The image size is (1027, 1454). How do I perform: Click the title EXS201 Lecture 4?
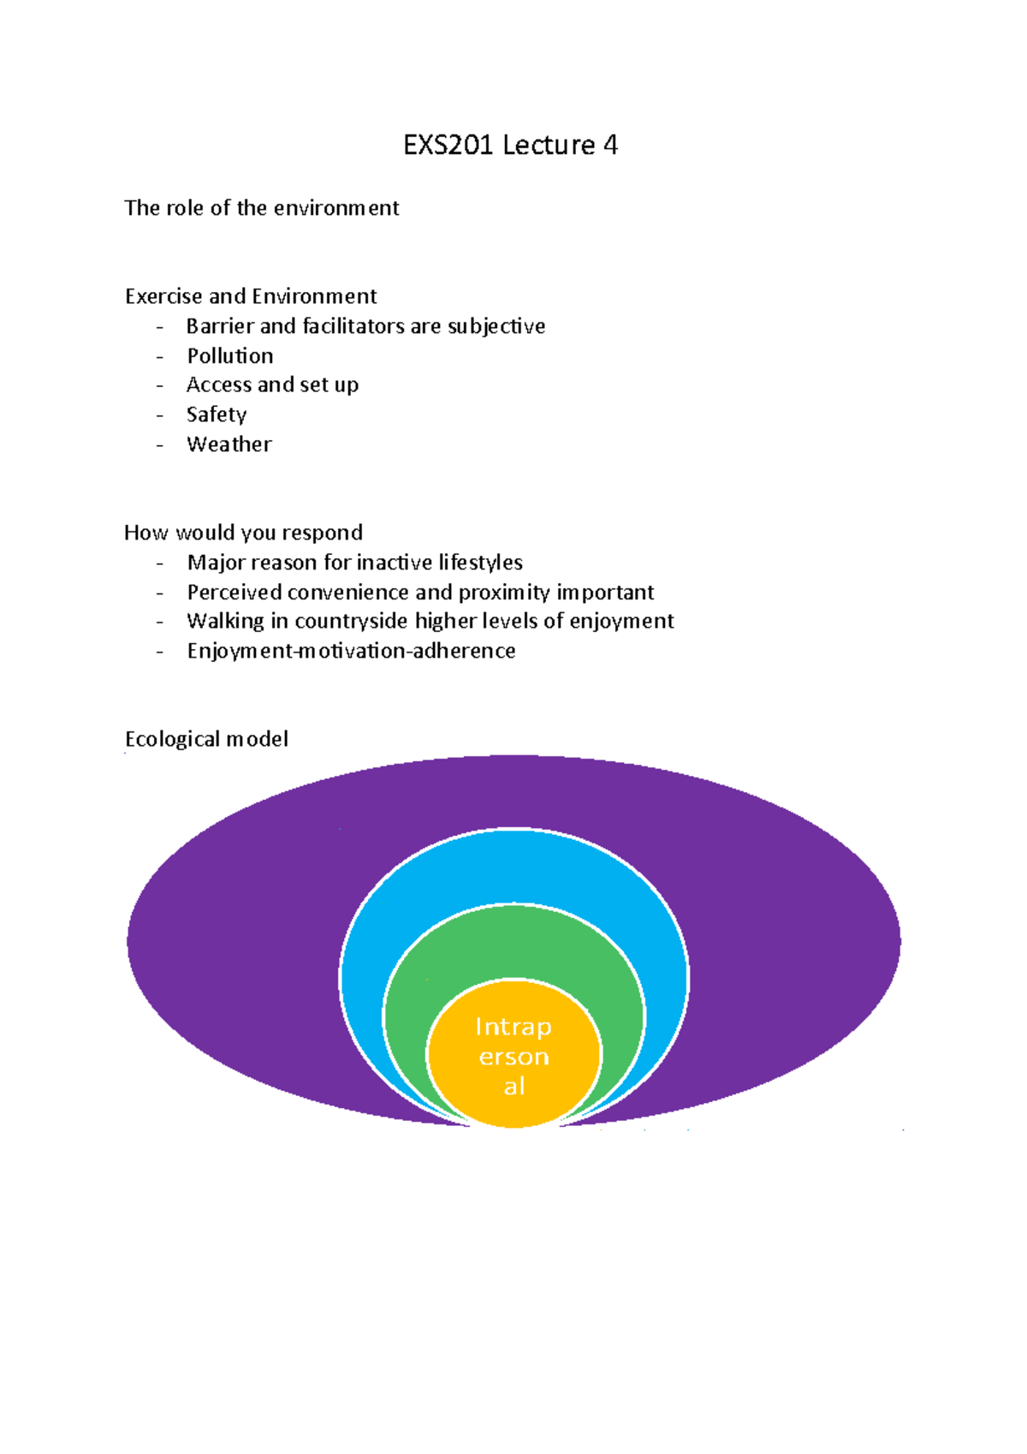click(510, 145)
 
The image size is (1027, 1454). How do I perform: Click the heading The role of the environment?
click(261, 208)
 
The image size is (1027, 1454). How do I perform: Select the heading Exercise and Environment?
click(251, 296)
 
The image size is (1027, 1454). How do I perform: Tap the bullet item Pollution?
click(230, 355)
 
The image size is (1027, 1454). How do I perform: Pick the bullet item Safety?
click(217, 414)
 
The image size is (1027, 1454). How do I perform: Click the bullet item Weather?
click(229, 444)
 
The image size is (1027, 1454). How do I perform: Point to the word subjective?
click(496, 326)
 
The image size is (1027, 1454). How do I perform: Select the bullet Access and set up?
click(272, 384)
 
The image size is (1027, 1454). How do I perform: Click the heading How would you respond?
click(243, 533)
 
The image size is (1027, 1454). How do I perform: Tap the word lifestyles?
click(480, 562)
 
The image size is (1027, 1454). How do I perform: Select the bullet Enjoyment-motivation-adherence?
click(351, 651)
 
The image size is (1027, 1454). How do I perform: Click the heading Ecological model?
click(206, 739)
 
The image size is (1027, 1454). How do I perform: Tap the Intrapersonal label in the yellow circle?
click(513, 1056)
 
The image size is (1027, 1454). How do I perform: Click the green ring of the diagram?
click(513, 942)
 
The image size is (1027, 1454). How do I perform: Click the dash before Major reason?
click(159, 563)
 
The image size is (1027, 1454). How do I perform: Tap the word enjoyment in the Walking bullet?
click(621, 621)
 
